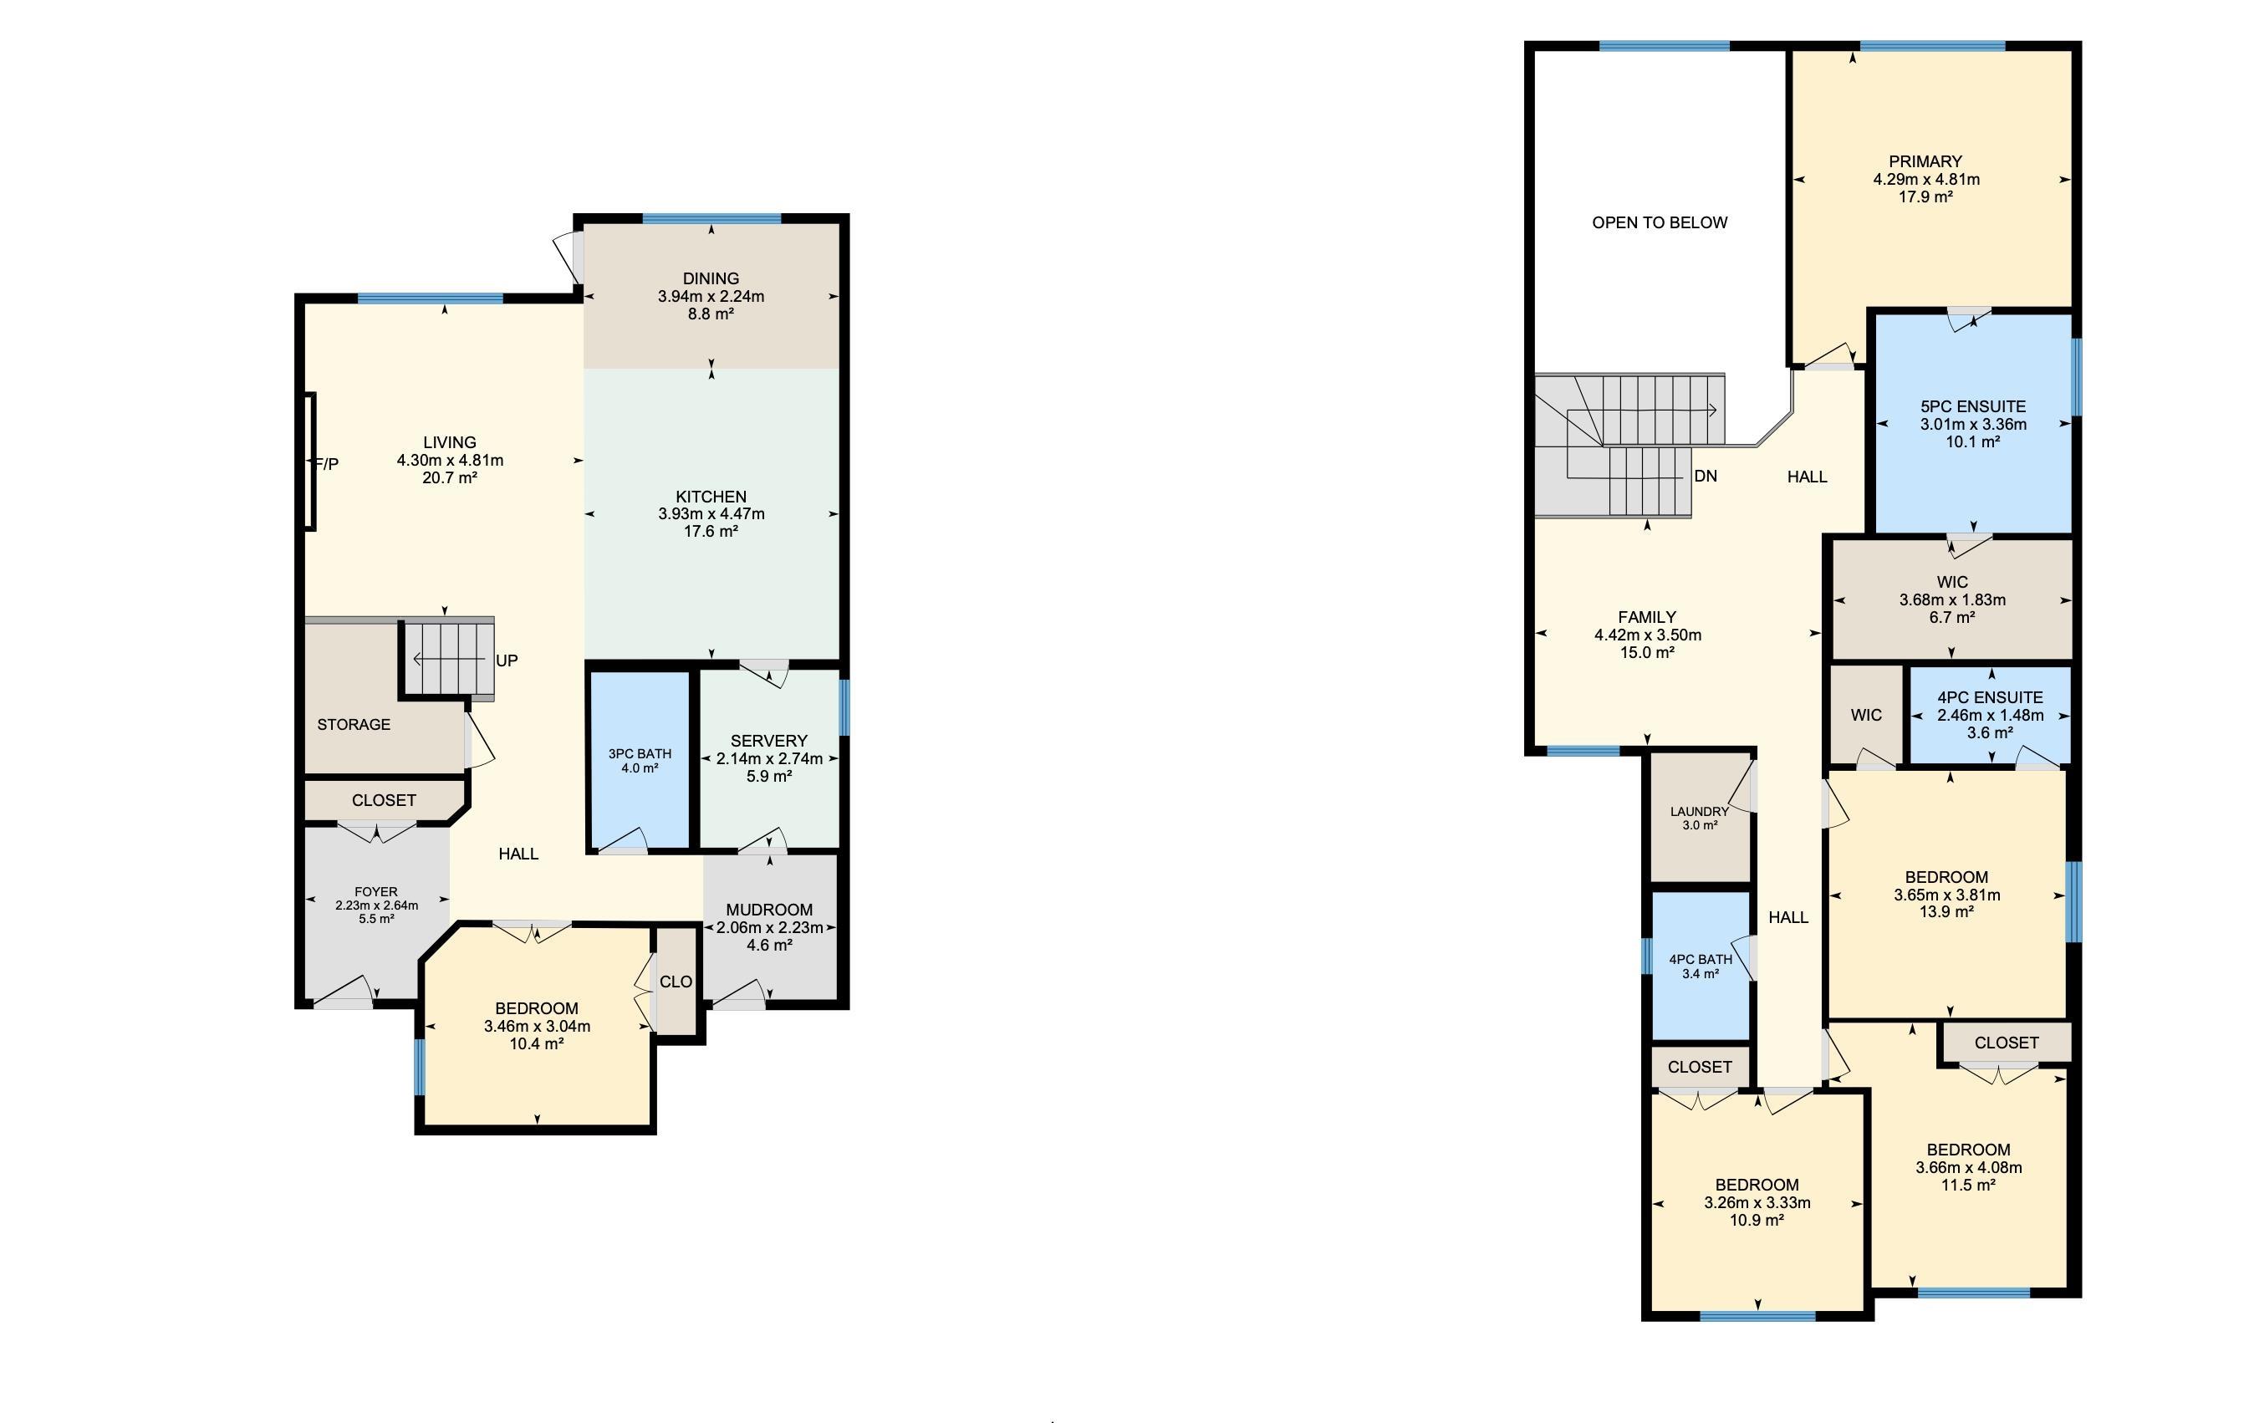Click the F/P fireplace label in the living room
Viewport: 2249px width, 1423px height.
point(327,464)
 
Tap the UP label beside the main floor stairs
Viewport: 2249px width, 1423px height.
point(506,661)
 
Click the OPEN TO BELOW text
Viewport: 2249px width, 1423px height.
point(1660,223)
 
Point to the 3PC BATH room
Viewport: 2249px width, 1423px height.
point(640,760)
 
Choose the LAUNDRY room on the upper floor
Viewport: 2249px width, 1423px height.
point(1699,817)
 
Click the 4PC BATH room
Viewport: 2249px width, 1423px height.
point(1700,966)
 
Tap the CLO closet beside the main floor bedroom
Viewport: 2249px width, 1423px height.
point(676,982)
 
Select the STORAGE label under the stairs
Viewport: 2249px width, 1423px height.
point(353,725)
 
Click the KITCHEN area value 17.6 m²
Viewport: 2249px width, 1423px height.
point(711,531)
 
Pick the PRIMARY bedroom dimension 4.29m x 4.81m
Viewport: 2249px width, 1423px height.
point(1925,179)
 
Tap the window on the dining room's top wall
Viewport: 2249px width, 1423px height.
point(711,219)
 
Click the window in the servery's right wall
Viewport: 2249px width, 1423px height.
point(844,706)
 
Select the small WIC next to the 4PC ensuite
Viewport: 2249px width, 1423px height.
point(1866,715)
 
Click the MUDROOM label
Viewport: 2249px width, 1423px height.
point(768,910)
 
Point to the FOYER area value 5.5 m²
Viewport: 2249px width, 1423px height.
point(376,919)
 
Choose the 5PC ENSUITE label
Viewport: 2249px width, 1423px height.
point(1972,407)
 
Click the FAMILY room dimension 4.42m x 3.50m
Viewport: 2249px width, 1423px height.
point(1648,635)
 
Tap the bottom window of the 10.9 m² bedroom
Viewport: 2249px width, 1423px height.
point(1757,1317)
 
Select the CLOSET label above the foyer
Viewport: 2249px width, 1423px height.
point(384,800)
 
